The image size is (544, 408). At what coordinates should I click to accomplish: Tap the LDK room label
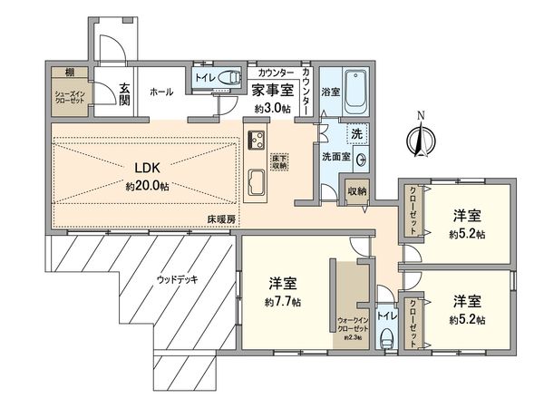click(149, 168)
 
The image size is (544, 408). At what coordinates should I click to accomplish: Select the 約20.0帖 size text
click(149, 185)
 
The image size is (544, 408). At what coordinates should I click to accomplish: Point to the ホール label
click(161, 92)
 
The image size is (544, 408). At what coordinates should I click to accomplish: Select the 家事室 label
click(272, 91)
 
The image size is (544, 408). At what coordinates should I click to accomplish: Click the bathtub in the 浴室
click(352, 92)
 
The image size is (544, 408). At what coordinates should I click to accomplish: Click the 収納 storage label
click(355, 191)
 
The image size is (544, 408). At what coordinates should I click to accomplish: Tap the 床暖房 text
click(219, 219)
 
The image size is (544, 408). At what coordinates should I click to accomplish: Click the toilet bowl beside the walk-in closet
click(385, 337)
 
